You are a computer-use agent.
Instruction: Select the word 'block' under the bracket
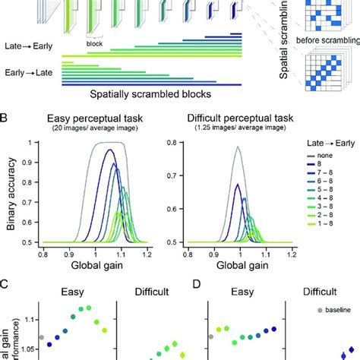pos(95,44)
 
